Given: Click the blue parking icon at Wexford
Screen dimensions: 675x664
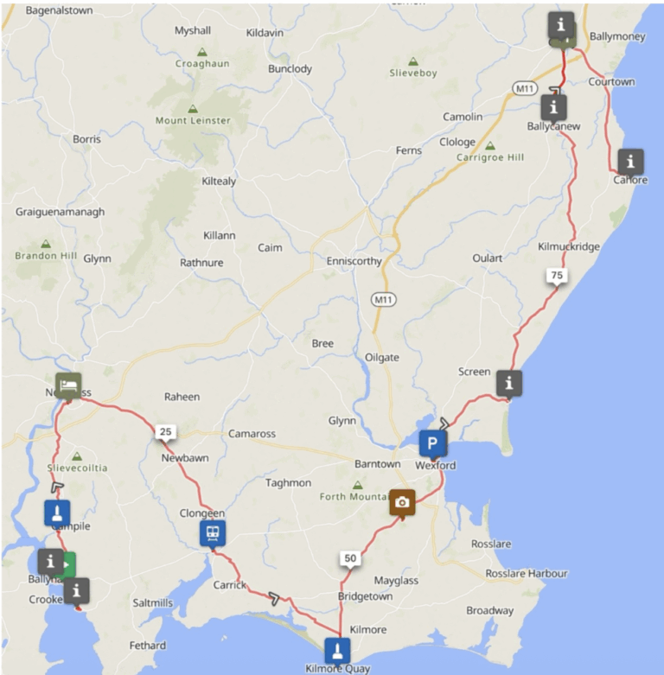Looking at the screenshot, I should (433, 444).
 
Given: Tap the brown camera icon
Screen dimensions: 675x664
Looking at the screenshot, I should (401, 501).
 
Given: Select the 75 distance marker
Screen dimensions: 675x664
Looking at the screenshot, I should (556, 276).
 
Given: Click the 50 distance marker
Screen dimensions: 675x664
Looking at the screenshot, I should (349, 558).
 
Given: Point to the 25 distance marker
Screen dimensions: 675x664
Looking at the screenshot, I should (164, 430).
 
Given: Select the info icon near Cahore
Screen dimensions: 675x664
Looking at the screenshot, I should (630, 161).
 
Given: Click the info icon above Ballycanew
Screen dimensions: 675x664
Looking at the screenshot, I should (553, 107).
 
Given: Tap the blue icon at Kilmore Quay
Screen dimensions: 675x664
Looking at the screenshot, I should (337, 649).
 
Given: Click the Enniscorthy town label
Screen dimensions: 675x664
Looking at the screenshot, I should (354, 261).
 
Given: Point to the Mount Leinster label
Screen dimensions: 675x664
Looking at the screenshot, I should (193, 121).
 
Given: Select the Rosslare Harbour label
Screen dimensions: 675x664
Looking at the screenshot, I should (527, 573).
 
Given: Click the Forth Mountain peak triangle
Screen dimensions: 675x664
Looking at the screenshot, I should (358, 485).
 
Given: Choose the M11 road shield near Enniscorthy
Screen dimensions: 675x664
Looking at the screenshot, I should (383, 299).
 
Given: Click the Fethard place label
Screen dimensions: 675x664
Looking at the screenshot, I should (148, 646).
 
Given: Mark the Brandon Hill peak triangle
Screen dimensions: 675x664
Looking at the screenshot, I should (46, 244).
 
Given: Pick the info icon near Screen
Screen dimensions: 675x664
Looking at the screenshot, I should (509, 381).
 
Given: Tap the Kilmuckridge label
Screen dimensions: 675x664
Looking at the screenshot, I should (568, 246).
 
